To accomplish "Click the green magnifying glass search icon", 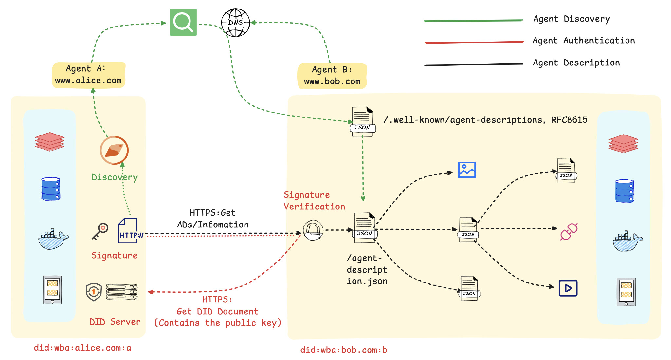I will coord(183,22).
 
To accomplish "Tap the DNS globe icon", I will coord(235,23).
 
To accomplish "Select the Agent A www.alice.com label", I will coord(88,75).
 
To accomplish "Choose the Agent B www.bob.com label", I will coord(332,76).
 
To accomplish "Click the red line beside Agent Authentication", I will coord(474,42).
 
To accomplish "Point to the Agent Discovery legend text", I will coord(571,19).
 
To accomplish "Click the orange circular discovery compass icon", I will coord(114,150).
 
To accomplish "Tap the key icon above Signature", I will coord(100,231).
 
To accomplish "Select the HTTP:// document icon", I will coord(128,231).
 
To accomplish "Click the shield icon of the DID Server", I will coord(94,292).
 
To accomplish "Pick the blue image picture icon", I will coord(467,170).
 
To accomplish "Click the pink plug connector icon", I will coord(569,232).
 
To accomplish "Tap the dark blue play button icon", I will coord(568,288).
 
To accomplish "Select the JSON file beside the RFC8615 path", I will coord(362,121).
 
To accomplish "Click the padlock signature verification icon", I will coord(313,230).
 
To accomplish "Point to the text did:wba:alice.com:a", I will coord(82,348).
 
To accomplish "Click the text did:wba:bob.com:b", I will coord(344,350).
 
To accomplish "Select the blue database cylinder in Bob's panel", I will coord(625,191).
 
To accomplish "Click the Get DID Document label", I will coord(217,311).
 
